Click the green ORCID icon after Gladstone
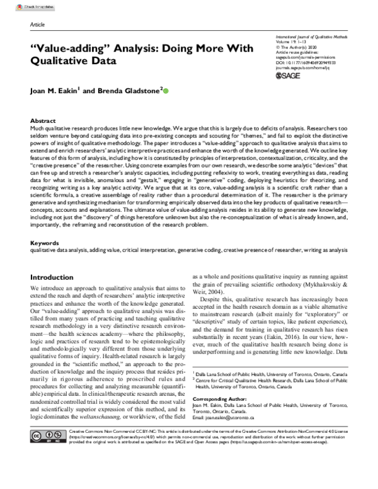point(166,91)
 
